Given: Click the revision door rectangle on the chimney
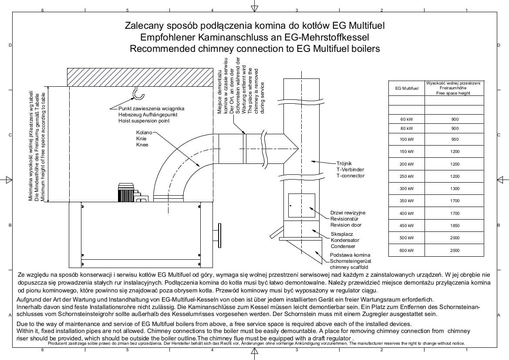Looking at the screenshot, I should click(x=301, y=206).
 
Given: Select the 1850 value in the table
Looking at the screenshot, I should click(x=455, y=225).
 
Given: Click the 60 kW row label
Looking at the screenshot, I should click(x=406, y=119).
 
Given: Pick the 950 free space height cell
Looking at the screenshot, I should click(x=455, y=139).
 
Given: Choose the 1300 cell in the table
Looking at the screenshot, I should click(x=455, y=189).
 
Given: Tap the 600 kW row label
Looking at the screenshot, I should click(x=406, y=250).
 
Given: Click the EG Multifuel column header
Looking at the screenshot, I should click(x=406, y=88).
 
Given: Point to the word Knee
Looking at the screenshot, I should click(x=142, y=145).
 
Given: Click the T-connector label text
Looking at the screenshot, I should click(x=350, y=176).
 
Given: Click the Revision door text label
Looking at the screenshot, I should click(x=346, y=225).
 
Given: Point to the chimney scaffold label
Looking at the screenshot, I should click(x=349, y=267).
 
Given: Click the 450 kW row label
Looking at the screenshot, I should click(x=406, y=225).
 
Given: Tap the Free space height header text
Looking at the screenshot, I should click(x=455, y=93).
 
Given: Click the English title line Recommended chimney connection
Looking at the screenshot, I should click(x=255, y=49).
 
